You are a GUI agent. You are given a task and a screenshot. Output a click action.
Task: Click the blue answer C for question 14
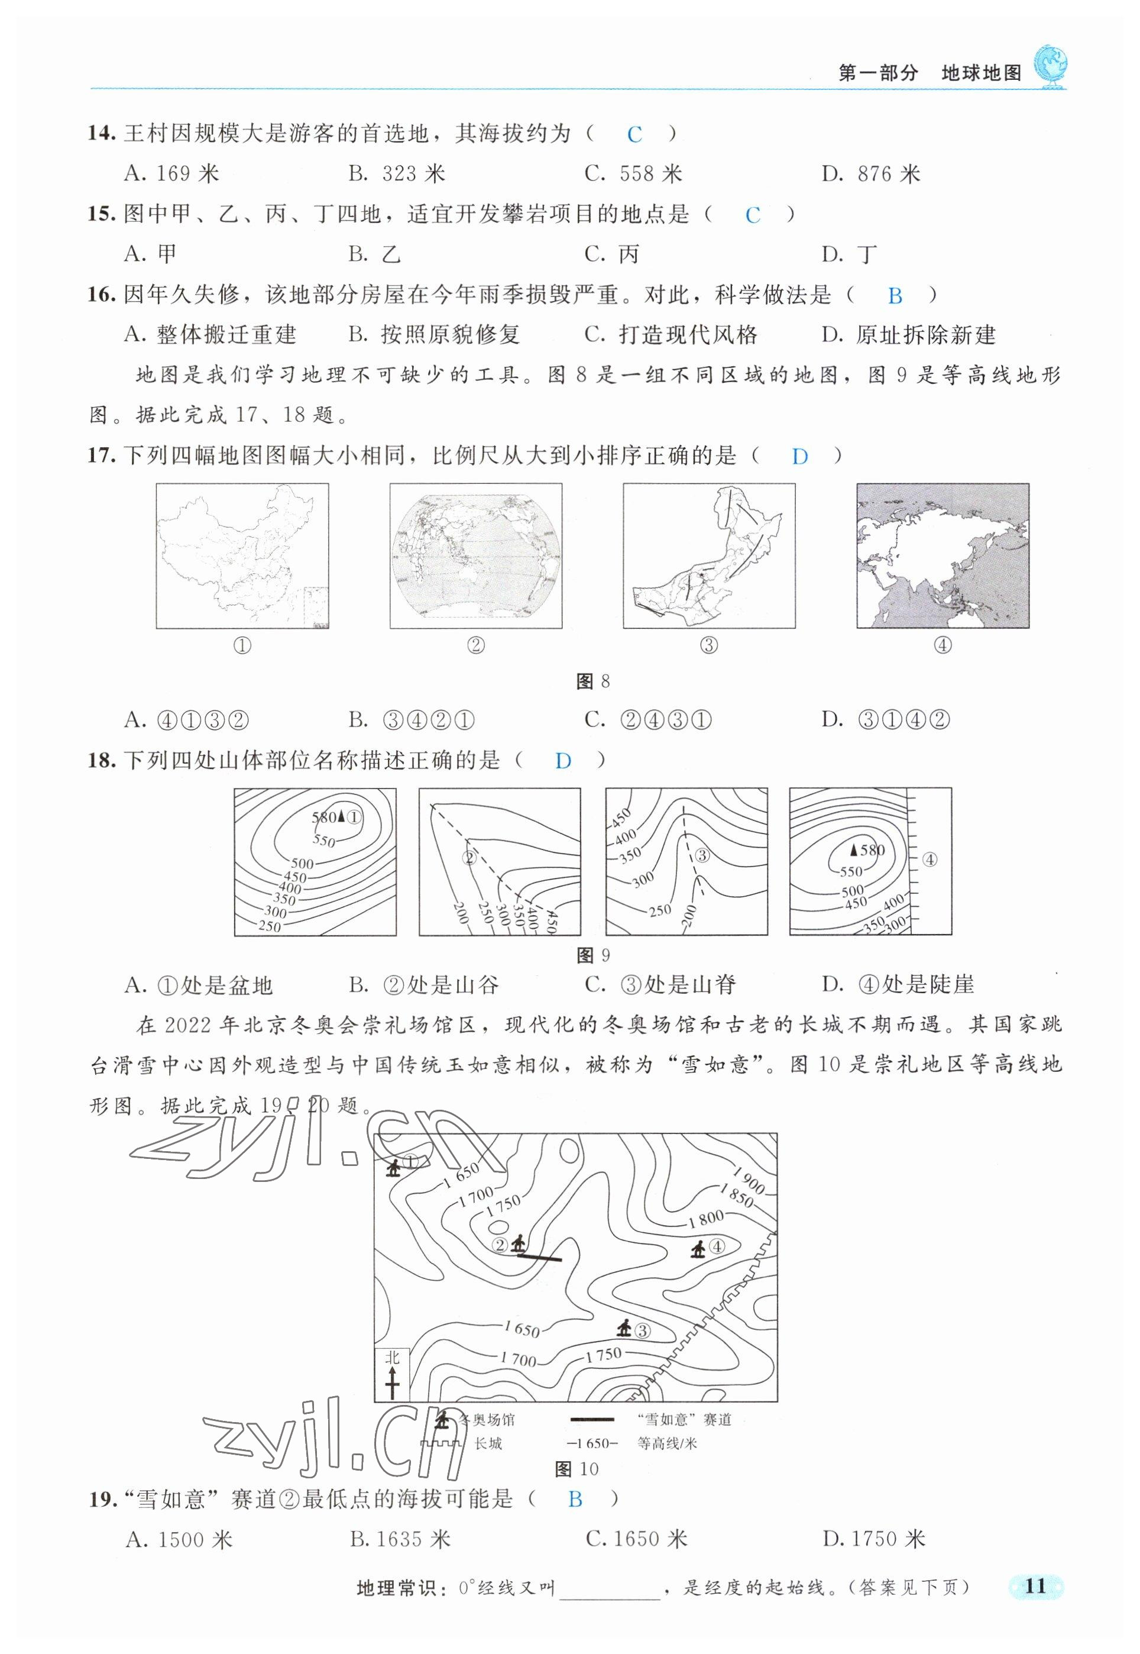(634, 134)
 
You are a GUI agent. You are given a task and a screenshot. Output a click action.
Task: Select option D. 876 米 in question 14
(871, 173)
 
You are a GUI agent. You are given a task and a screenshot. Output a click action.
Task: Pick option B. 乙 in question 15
(374, 254)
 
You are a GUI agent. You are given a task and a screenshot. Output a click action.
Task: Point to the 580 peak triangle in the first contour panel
(341, 816)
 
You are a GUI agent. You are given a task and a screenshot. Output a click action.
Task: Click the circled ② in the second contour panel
(469, 857)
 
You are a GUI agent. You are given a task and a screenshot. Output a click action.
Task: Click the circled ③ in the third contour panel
(701, 854)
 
